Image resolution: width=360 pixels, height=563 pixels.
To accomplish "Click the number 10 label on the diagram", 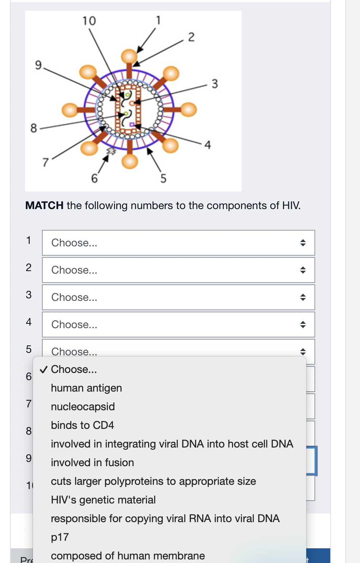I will [89, 21].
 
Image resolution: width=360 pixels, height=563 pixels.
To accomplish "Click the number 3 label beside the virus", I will [214, 84].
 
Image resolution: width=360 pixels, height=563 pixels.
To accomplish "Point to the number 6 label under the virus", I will [94, 178].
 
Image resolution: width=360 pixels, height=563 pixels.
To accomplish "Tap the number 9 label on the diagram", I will [38, 65].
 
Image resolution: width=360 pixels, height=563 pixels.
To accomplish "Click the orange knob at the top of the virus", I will [129, 56].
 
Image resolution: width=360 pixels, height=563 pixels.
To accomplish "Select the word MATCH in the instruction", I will [44, 205].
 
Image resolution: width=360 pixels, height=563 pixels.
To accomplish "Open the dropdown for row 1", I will [178, 243].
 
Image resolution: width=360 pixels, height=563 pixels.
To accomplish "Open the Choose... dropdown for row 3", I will [178, 297].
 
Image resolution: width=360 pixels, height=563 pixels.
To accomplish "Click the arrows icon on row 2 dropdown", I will [303, 270].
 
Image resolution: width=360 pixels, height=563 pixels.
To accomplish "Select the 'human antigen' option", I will [86, 388].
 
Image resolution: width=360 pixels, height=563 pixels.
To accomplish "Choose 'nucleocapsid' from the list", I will [83, 407].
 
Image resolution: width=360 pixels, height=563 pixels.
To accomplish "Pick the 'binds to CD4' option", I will [82, 425].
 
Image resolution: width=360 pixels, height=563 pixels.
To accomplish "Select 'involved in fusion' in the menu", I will [93, 463].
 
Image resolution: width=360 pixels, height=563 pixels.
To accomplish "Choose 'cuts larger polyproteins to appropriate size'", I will [153, 481].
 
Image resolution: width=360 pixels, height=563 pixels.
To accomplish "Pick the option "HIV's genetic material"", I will [103, 500].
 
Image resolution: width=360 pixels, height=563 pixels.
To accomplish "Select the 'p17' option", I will [60, 537].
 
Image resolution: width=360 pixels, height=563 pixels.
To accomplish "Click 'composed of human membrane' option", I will [128, 555].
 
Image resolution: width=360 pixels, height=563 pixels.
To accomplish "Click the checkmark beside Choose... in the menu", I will [43, 370].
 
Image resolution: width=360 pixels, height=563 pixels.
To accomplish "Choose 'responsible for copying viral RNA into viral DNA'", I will [165, 519].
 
